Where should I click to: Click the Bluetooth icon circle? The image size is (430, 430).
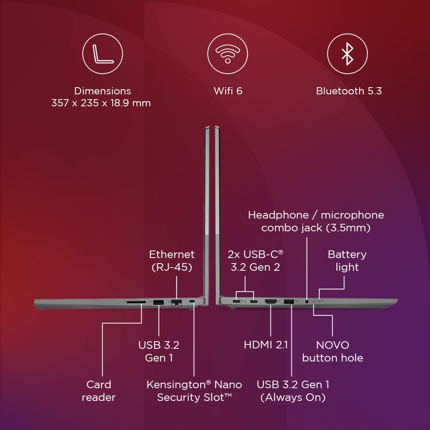point(347,53)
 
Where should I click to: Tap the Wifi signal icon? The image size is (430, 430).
point(227,53)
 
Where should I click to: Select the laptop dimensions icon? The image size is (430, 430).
point(102,53)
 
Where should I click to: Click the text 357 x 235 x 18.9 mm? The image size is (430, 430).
point(101,103)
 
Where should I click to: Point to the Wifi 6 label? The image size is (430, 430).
point(228,91)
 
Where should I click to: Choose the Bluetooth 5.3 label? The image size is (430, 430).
point(349,91)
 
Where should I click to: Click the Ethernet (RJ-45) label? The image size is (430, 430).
point(172,260)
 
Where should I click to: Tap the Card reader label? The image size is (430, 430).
point(99,391)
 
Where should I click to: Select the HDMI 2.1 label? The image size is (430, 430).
point(266,345)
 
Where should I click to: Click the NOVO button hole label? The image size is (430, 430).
point(332,351)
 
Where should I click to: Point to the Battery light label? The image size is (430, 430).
point(347,260)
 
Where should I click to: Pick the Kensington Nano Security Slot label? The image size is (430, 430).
point(194,391)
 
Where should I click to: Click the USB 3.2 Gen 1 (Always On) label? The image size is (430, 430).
point(293,391)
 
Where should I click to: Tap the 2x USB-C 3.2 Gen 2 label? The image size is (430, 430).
point(255,260)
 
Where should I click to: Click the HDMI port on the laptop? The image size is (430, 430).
point(271,302)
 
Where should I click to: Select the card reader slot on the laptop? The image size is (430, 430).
point(136,302)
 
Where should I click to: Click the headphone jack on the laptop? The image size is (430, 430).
point(307,301)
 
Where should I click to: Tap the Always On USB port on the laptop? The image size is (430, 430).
point(289,302)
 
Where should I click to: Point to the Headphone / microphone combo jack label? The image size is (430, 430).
point(316,221)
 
